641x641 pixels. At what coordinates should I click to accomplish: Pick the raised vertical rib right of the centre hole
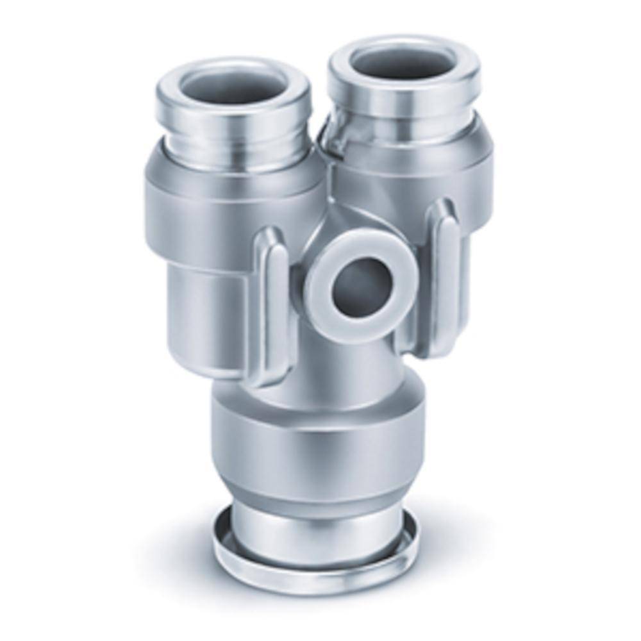442,269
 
